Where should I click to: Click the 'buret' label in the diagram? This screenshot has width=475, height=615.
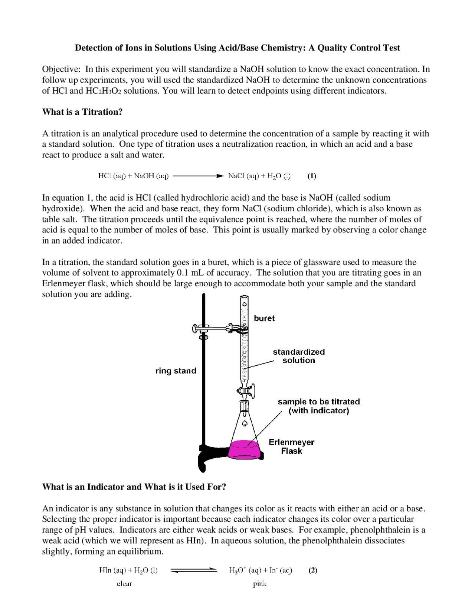[x=264, y=318]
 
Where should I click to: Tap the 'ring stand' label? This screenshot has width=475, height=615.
[x=176, y=371]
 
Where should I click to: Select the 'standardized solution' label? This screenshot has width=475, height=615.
[x=298, y=356]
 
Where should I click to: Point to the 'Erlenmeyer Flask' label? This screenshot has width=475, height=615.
[x=291, y=446]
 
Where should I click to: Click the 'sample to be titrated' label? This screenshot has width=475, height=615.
[x=318, y=402]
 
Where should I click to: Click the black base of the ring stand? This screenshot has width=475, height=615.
[x=208, y=455]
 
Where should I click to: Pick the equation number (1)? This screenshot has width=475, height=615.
[x=312, y=176]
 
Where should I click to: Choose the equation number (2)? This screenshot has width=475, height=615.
[x=313, y=570]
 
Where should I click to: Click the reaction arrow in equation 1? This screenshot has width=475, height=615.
[x=198, y=176]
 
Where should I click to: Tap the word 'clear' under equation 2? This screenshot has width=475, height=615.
[x=124, y=583]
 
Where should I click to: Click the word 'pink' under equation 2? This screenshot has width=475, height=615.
[x=260, y=583]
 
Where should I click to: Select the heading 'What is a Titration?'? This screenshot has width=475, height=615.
[x=82, y=112]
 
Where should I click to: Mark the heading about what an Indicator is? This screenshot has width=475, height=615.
[x=134, y=487]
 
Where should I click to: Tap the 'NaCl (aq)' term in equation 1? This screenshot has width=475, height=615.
[x=243, y=176]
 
